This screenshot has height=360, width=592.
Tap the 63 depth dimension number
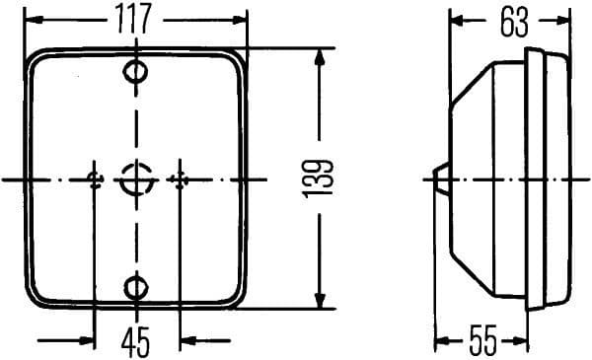pos(513,23)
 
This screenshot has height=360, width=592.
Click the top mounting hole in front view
pos(136,71)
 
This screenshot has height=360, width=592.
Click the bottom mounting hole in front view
pos(136,287)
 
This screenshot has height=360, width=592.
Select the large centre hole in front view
pos(135,180)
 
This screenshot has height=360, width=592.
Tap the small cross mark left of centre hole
pos(95,179)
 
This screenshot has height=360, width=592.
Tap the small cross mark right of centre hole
pos(179,179)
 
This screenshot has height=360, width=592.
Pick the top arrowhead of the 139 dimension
pos(319,57)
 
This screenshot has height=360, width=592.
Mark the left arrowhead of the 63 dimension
pos(456,21)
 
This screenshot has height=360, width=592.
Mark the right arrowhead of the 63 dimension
pos(564,21)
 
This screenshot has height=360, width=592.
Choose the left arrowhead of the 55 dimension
pos(442,342)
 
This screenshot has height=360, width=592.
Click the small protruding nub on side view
pos(441,179)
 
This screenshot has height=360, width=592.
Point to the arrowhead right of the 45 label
pos(186,341)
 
